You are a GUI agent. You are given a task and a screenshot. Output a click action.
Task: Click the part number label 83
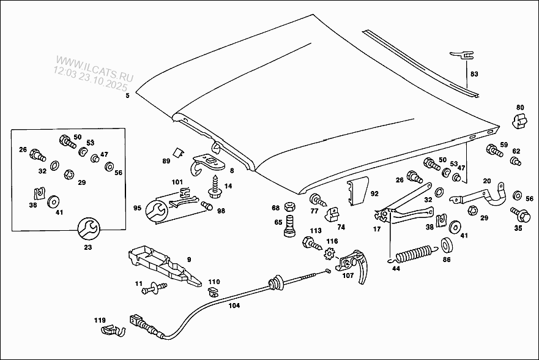(x=474, y=74)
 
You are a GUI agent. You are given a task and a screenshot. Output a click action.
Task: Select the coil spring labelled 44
(x=415, y=253)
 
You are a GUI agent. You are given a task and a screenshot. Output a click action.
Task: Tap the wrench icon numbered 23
(x=87, y=228)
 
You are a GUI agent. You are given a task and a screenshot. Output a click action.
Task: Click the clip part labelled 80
(x=518, y=121)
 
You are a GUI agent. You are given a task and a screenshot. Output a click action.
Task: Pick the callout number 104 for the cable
(x=234, y=305)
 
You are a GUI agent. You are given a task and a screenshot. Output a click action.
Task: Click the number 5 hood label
(x=127, y=96)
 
